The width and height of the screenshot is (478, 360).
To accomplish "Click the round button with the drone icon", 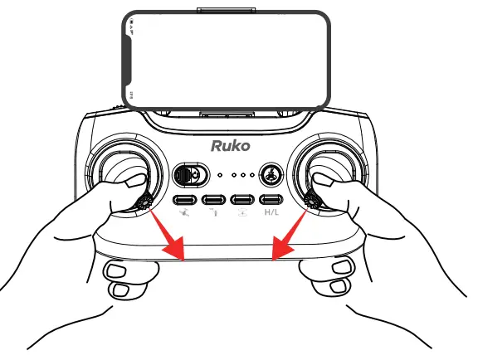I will click(x=271, y=175).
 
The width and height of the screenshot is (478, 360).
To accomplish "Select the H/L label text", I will click(x=271, y=213).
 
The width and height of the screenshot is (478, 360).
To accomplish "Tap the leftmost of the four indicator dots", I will click(x=220, y=175).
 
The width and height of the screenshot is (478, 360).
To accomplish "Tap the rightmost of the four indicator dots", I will click(x=249, y=175).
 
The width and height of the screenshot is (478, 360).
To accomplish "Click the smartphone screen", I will click(x=229, y=59).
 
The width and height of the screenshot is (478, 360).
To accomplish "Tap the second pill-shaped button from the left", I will click(x=214, y=200).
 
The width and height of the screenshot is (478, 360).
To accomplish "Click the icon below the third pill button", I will click(x=242, y=213).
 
